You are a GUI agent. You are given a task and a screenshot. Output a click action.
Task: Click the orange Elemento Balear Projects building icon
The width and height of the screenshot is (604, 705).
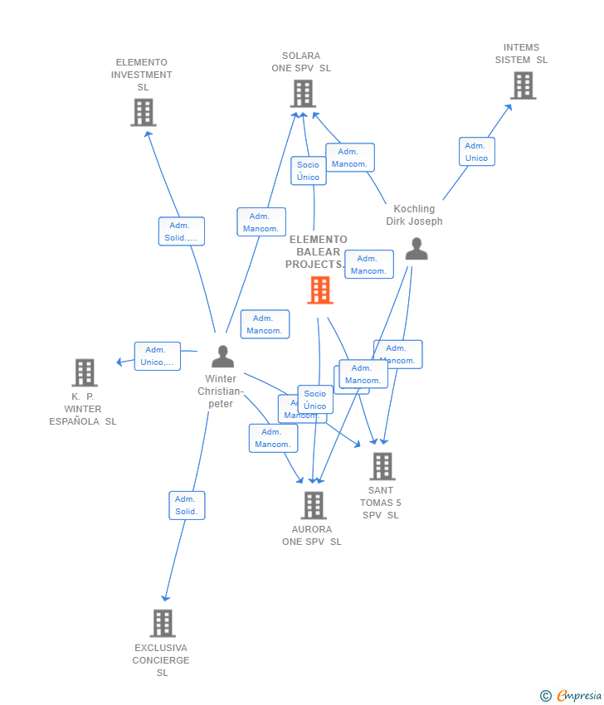coord(320,290)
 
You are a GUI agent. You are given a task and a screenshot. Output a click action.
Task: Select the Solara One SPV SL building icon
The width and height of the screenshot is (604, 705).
coord(303,94)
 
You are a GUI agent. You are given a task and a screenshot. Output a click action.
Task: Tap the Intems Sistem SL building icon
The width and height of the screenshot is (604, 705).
coord(523,85)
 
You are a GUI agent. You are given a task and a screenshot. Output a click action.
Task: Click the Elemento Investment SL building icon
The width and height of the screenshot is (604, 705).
coord(144,112)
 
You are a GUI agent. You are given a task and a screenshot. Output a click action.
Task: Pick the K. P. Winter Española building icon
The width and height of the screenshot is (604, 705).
coord(84,373)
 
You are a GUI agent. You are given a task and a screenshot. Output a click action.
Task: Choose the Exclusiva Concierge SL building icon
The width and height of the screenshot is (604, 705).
coord(163,623)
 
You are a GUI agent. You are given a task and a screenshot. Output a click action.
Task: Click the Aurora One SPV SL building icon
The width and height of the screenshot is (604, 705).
coord(314,505)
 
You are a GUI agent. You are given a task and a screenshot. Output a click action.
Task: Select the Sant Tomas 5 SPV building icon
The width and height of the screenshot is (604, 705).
coord(382,466)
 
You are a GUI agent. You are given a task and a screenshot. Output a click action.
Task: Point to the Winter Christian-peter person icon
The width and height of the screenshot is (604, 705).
coord(222,357)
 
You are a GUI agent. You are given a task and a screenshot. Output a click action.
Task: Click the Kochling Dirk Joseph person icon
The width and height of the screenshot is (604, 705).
coord(416,249)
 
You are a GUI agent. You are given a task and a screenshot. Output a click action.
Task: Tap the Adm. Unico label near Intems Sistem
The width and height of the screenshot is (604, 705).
coord(476,152)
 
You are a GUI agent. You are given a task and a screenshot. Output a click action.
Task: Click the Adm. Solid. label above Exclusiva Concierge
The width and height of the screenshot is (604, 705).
coord(187,505)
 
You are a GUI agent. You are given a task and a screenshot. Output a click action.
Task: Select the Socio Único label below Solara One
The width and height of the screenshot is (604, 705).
coord(308,171)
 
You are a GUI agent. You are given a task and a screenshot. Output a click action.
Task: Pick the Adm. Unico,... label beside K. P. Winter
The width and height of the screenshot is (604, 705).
coord(157,356)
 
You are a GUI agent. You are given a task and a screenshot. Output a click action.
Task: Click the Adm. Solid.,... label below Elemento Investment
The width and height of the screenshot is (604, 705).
coord(181,231)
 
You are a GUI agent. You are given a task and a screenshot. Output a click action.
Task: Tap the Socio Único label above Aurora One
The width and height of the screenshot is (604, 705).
coord(315,400)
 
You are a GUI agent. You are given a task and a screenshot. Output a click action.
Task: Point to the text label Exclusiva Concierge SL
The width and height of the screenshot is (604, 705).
coord(161,660)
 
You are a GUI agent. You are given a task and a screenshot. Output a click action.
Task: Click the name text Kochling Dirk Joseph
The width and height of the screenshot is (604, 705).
coord(414,216)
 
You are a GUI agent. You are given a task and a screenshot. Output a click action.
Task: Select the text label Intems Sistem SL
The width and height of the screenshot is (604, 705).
coord(521,54)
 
